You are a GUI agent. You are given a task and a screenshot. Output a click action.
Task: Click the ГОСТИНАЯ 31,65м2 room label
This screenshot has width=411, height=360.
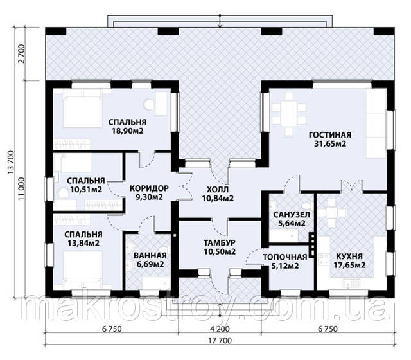point(329,139)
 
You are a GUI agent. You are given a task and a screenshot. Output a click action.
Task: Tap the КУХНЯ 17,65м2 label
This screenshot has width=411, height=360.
point(349,260)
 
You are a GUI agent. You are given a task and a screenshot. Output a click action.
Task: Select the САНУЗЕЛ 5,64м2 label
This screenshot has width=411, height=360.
point(292,219)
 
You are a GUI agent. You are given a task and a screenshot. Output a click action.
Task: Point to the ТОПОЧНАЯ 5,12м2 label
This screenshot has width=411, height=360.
point(285,262)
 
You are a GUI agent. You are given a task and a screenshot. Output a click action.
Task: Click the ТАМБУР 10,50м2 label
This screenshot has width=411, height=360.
point(220,247)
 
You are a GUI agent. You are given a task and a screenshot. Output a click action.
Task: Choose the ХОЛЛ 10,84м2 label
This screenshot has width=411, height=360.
point(218,194)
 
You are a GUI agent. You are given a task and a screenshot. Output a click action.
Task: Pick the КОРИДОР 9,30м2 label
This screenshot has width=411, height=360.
point(149,192)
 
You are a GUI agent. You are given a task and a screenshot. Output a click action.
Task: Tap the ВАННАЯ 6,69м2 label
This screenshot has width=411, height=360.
point(150,260)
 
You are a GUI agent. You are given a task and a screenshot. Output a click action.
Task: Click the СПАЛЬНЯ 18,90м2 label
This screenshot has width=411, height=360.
point(127,127)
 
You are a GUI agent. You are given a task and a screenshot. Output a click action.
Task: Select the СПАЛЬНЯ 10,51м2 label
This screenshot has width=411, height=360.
point(85,184)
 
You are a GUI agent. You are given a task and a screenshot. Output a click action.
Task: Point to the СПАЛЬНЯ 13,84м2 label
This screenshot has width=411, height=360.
point(83,239)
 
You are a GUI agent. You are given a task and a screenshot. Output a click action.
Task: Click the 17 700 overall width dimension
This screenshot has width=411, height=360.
point(220,341)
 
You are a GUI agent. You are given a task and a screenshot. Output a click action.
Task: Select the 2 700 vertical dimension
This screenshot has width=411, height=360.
point(21,54)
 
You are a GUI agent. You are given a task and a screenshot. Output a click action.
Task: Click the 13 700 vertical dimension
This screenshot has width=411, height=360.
point(11,163)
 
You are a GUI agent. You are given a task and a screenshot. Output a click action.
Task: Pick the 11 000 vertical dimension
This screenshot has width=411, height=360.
point(21,190)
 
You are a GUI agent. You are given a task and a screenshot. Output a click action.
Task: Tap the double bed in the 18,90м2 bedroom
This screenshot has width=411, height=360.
point(82,108)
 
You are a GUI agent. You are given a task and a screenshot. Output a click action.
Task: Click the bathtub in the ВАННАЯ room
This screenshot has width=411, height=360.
point(156,283)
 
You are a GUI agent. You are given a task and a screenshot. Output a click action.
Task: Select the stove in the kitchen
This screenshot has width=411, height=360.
point(324,258)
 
